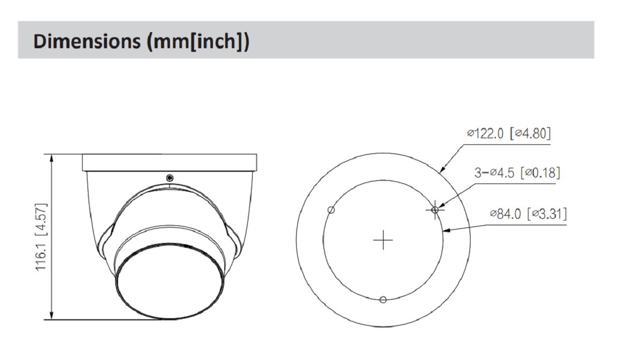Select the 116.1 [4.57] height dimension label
tap(41, 237)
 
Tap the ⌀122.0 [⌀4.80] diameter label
tap(509, 133)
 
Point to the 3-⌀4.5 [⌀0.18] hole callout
tap(517, 173)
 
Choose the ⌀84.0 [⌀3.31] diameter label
tap(528, 214)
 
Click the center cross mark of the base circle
tap(383, 240)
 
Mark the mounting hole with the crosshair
tap(435, 209)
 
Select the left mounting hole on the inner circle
tap(331, 210)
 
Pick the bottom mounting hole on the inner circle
tap(383, 299)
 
